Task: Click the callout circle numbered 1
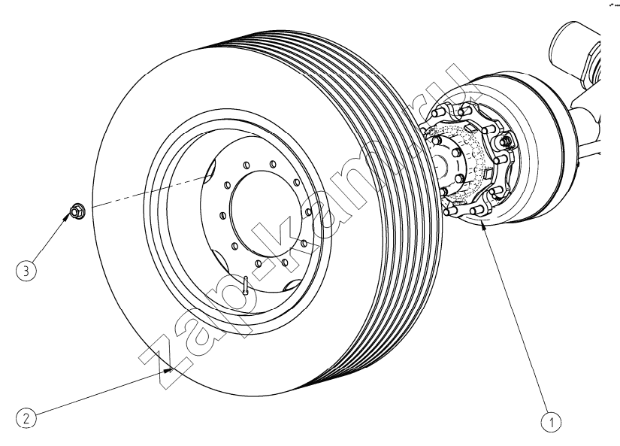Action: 551,422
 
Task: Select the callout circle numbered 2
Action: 26,419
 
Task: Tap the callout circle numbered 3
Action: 26,271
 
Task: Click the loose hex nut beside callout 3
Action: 77,211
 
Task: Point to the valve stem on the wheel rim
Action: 246,285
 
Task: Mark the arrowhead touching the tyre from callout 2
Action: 169,371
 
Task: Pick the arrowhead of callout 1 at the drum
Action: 482,226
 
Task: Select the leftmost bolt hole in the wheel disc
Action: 222,215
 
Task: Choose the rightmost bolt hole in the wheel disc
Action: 308,212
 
